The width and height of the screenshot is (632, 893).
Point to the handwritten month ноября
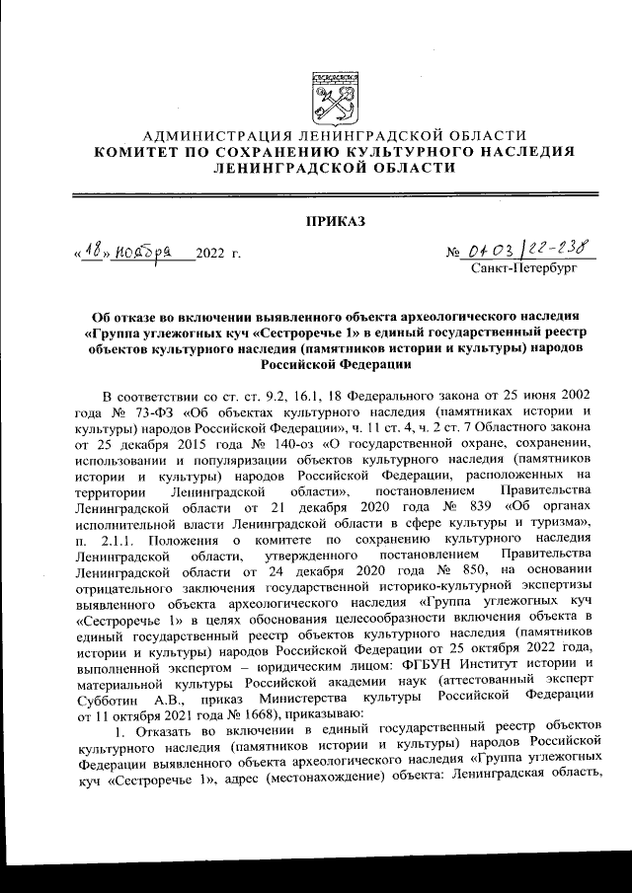[143, 254]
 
